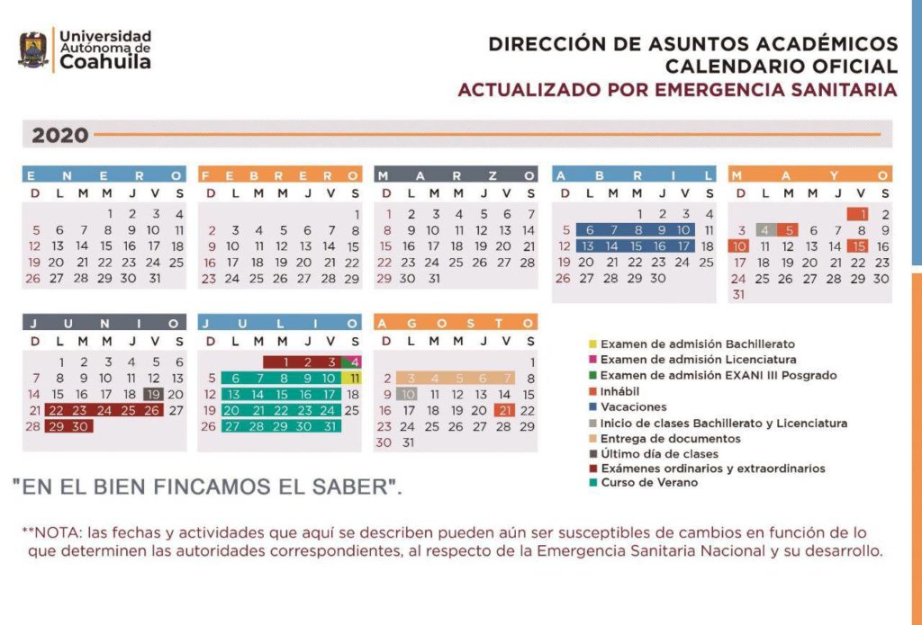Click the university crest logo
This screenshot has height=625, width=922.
pyautogui.click(x=34, y=49)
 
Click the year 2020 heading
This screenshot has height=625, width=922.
pyautogui.click(x=60, y=136)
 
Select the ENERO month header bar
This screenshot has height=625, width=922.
pyautogui.click(x=104, y=174)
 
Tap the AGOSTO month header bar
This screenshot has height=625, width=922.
pyautogui.click(x=456, y=322)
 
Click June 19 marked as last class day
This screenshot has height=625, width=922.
pyautogui.click(x=153, y=393)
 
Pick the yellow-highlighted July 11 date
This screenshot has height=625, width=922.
pyautogui.click(x=355, y=379)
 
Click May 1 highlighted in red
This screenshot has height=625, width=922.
pyautogui.click(x=862, y=214)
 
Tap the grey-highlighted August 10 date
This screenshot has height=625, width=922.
pyautogui.click(x=409, y=394)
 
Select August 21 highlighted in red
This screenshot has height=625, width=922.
pyautogui.click(x=504, y=410)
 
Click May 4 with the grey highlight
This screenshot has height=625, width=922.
pyautogui.click(x=765, y=230)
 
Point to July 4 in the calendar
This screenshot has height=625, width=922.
pyautogui.click(x=355, y=362)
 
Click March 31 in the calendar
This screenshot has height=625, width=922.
pyautogui.click(x=434, y=279)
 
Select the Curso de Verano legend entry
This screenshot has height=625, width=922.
pyautogui.click(x=644, y=483)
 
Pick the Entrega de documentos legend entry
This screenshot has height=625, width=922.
pyautogui.click(x=658, y=438)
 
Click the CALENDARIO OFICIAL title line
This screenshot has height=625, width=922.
pyautogui.click(x=781, y=66)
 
